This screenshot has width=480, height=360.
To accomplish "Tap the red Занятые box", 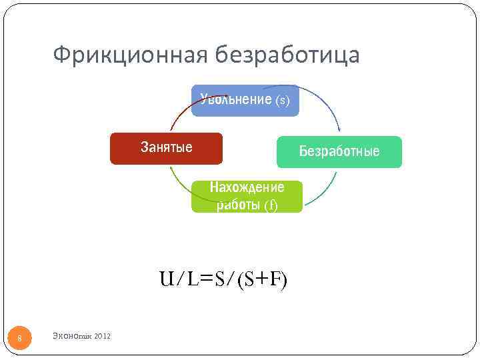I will tap(166, 148).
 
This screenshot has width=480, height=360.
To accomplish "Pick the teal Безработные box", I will tap(339, 152).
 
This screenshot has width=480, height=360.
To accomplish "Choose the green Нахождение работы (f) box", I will tap(247, 197).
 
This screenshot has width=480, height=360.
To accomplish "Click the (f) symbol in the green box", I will tap(271, 205).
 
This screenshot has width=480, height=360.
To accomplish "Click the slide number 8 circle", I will tap(19, 339).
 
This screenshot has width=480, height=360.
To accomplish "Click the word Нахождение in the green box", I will tap(247, 187).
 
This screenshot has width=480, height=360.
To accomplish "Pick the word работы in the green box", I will tap(238, 205).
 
